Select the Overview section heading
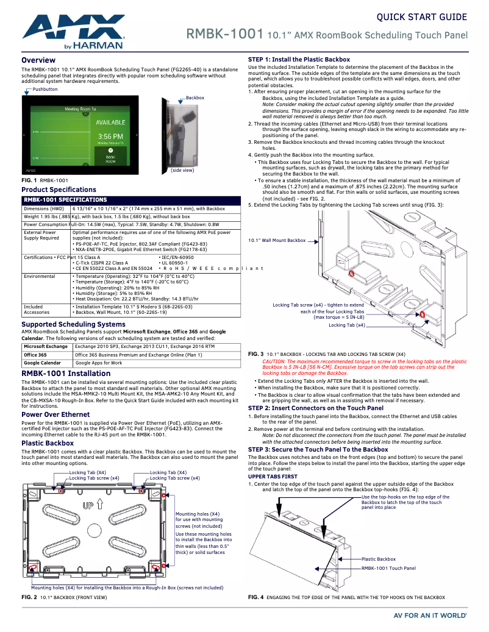tap(38, 60)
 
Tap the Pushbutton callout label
tap(45, 90)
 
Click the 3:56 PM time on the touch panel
tap(110, 136)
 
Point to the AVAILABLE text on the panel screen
tap(110, 122)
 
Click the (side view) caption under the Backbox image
tap(182, 170)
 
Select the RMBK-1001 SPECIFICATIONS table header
tap(65, 199)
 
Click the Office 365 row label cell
tap(35, 355)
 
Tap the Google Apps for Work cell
tap(99, 363)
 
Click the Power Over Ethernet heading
tap(55, 414)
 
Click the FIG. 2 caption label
tap(29, 597)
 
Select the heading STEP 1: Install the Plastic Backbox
tap(299, 60)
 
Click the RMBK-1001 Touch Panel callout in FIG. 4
tap(388, 568)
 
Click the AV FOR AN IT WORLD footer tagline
tap(430, 616)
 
